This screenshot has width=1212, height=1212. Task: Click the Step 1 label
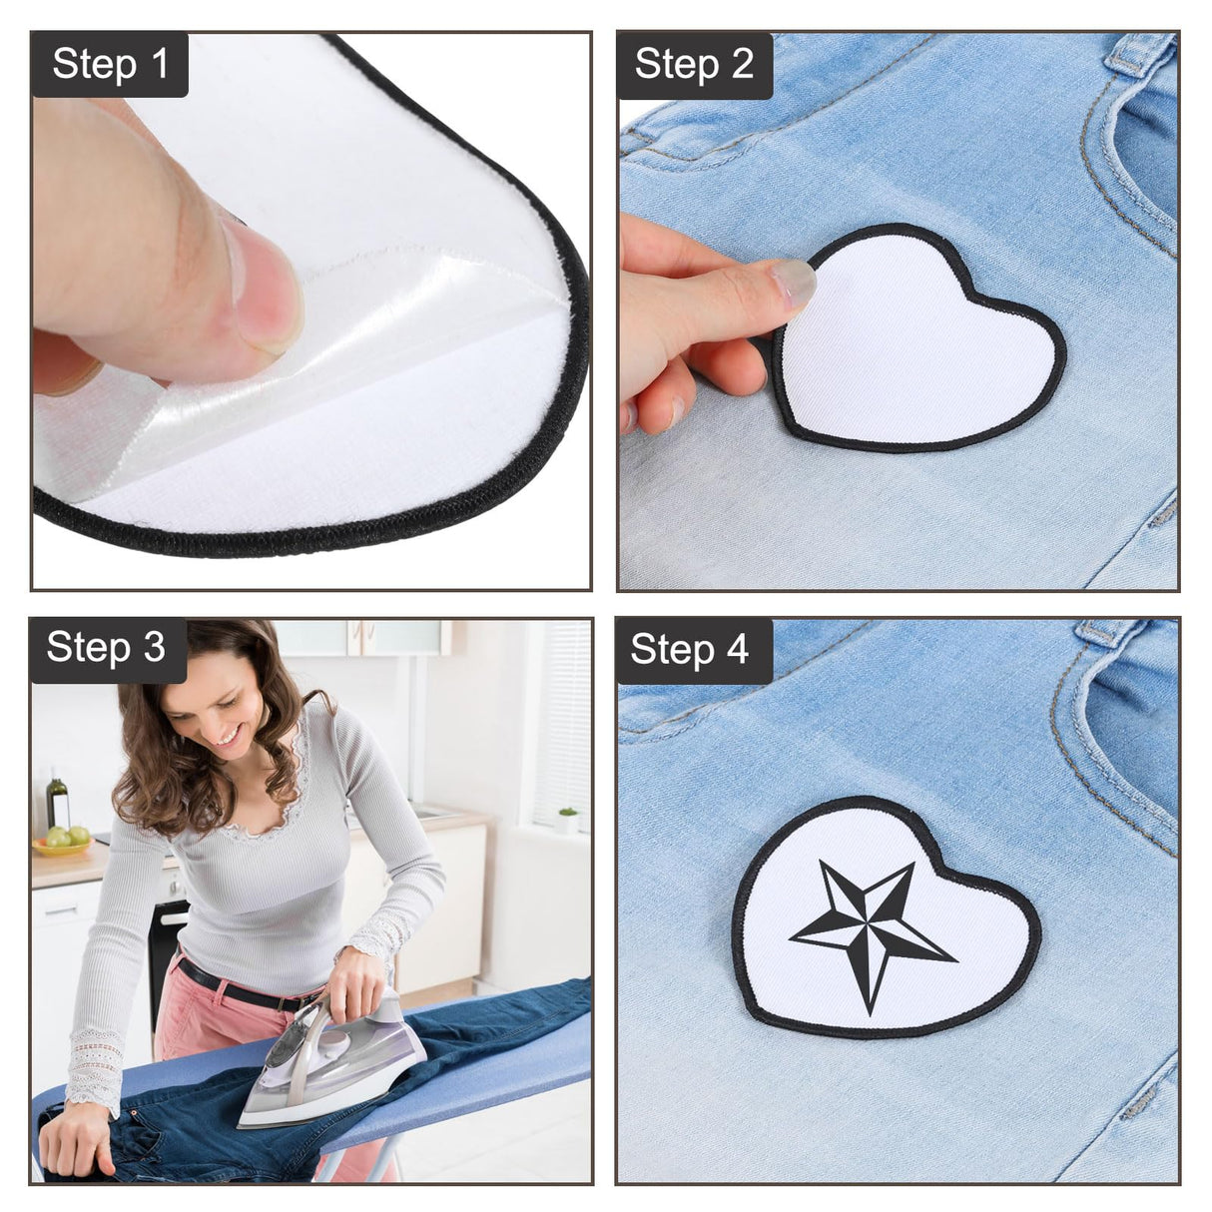pos(110,64)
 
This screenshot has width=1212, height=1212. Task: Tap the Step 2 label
pos(694,64)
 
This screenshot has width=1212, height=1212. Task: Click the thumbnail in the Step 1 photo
pos(262,285)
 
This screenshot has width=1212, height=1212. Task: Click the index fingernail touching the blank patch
pos(794,284)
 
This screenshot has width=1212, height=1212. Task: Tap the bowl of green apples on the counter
pos(62,841)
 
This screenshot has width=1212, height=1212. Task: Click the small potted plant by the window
pos(567,821)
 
